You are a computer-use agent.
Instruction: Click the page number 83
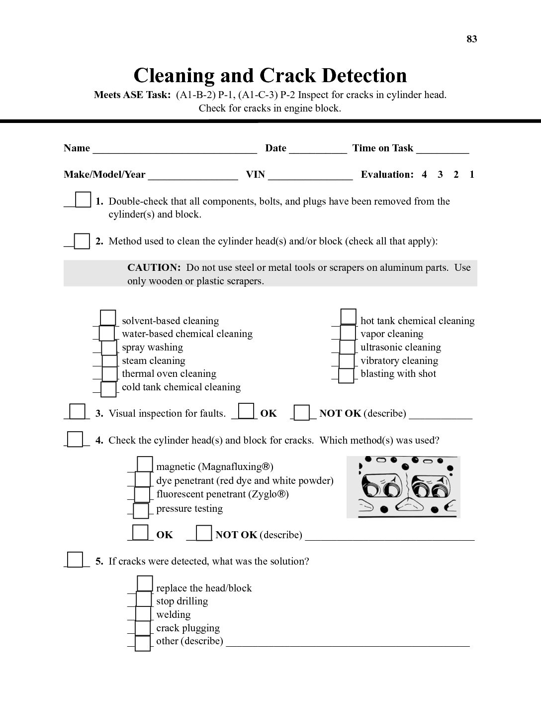pyautogui.click(x=471, y=39)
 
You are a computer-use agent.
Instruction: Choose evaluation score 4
pyautogui.click(x=424, y=174)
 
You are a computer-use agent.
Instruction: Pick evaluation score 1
pyautogui.click(x=472, y=174)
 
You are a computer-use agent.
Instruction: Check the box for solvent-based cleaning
pyautogui.click(x=108, y=318)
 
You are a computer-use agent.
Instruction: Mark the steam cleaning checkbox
pyautogui.click(x=109, y=361)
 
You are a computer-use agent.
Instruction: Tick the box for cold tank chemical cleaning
pyautogui.click(x=108, y=389)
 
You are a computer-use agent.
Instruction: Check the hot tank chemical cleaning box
pyautogui.click(x=349, y=317)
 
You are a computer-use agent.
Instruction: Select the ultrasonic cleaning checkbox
pyautogui.click(x=348, y=347)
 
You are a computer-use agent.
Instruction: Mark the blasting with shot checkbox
pyautogui.click(x=346, y=375)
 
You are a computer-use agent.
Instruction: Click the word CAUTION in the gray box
pyautogui.click(x=154, y=267)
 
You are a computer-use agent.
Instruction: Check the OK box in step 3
pyautogui.click(x=246, y=411)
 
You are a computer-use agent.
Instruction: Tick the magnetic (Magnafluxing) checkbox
pyautogui.click(x=145, y=465)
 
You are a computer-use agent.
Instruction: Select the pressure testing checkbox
pyautogui.click(x=141, y=510)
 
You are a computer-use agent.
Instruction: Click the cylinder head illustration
pyautogui.click(x=403, y=487)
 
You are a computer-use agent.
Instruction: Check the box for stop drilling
pyautogui.click(x=143, y=599)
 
